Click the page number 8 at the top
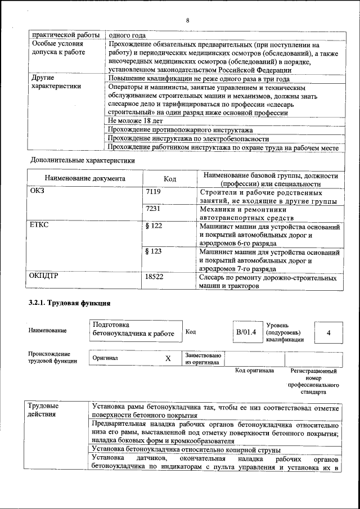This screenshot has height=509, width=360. [x=187, y=20]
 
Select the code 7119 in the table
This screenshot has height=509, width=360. [x=153, y=192]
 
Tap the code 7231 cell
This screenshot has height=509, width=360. [x=153, y=209]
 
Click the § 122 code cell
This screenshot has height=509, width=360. [x=154, y=226]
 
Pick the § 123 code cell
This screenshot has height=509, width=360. [x=154, y=251]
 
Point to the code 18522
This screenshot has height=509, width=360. [x=154, y=277]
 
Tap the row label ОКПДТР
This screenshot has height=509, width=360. [x=44, y=277]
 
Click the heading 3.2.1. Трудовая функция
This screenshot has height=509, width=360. [x=69, y=304]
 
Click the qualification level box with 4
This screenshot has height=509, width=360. [x=328, y=332]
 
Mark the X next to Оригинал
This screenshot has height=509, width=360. [x=168, y=358]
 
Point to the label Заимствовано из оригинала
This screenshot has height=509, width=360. [x=203, y=359]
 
